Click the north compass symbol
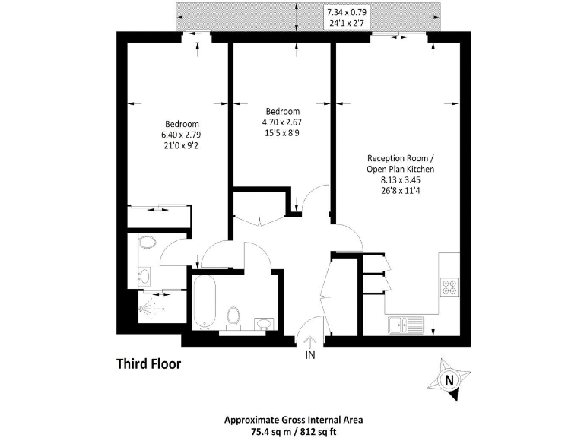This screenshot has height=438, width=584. tap(450, 379)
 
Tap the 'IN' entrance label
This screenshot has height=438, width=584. tap(310, 354)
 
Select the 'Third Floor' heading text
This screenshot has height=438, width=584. tap(148, 364)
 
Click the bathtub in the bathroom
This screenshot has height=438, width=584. tap(205, 302)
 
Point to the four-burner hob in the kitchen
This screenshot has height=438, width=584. tap(448, 287)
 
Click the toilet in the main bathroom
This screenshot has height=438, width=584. tap(233, 316)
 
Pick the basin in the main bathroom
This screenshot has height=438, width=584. tap(262, 324)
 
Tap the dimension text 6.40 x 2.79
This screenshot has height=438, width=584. tap(182, 135)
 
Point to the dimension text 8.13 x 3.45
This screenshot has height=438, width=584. tap(401, 180)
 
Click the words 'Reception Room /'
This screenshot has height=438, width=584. tap(401, 158)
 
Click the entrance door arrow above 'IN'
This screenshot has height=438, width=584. tap(310, 335)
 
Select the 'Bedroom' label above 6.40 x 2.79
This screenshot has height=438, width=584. tap(182, 125)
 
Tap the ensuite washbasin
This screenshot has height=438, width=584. tap(144, 275)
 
